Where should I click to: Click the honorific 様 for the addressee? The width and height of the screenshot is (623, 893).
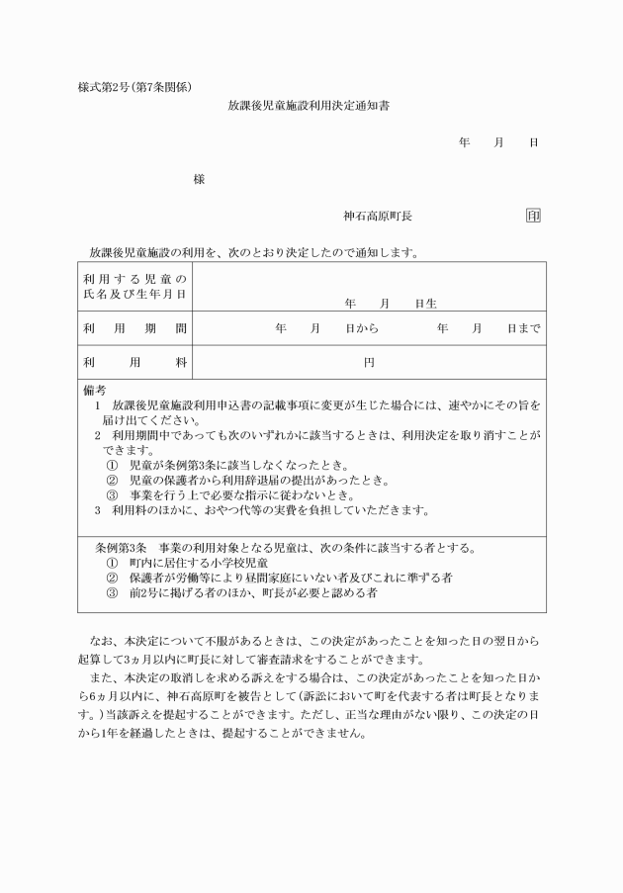(x=200, y=179)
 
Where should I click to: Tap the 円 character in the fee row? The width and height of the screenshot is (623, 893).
(x=369, y=363)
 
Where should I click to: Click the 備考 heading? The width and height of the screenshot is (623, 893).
(x=95, y=391)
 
